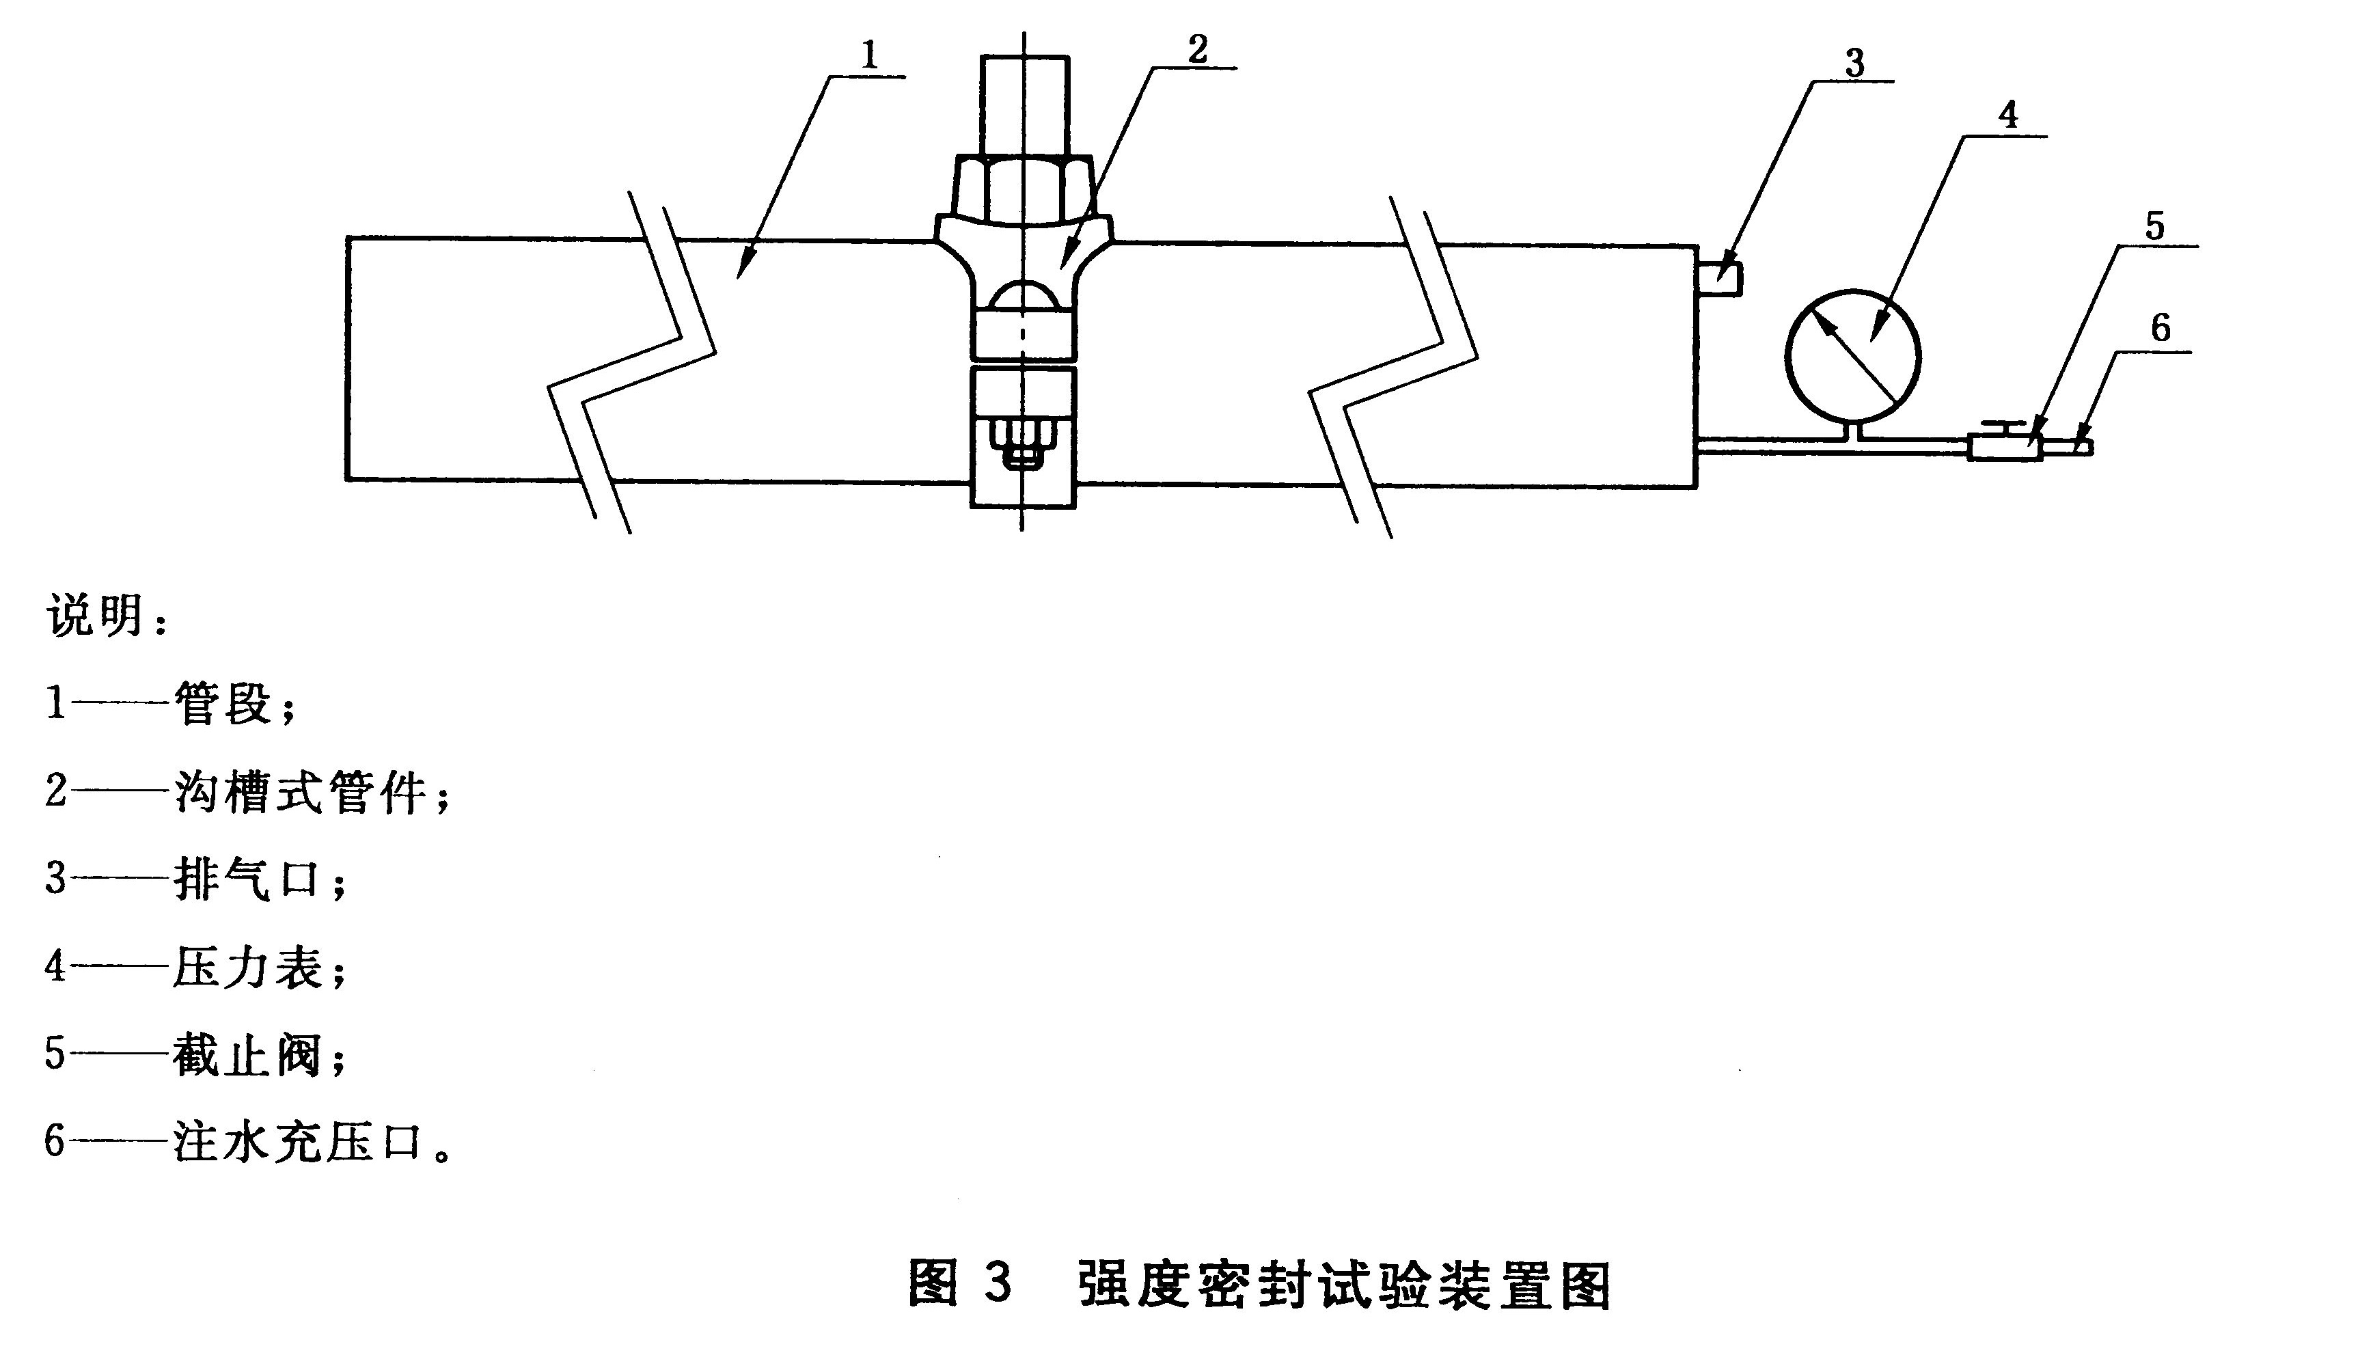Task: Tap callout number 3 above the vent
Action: tap(1854, 64)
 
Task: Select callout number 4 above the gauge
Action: tap(2008, 115)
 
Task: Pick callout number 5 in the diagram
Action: tap(2155, 226)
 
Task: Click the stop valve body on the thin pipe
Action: tap(2005, 448)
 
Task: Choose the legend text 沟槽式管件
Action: tap(301, 791)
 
